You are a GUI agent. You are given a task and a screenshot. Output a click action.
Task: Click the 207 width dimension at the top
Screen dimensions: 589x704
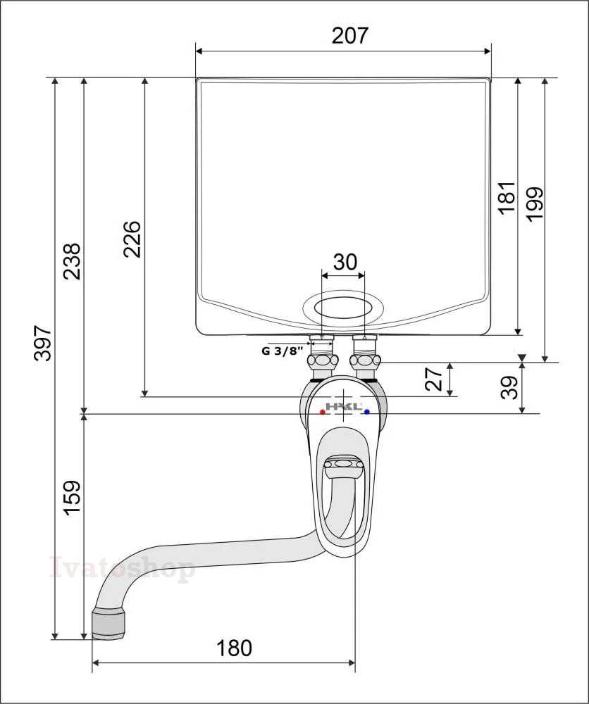coord(350,35)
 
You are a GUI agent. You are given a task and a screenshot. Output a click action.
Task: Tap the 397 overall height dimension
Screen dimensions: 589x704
coord(44,343)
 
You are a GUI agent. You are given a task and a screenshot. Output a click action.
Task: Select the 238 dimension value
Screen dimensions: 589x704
coord(72,261)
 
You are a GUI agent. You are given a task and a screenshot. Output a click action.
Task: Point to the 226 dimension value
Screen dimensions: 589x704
coord(132,239)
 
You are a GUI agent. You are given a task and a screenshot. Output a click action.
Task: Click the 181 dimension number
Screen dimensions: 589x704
coord(507,198)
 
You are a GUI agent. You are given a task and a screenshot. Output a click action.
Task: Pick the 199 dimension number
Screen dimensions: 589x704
coord(535,203)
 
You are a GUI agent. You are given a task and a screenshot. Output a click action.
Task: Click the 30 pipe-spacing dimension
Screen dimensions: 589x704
coord(345,262)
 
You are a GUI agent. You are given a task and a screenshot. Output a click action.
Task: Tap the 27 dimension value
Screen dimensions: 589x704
coord(434,379)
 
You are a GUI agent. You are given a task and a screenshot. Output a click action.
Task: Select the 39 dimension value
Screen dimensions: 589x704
coord(509,387)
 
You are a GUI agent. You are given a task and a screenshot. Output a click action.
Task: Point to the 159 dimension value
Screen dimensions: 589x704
coord(72,498)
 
